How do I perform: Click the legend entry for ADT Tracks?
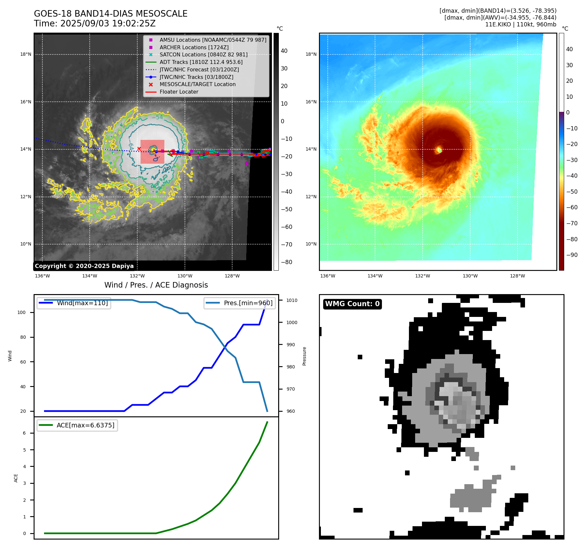(x=201, y=62)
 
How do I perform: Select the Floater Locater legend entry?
(x=179, y=92)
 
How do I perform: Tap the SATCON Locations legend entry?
(x=203, y=54)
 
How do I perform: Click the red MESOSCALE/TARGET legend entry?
(x=197, y=84)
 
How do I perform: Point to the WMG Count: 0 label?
(x=352, y=304)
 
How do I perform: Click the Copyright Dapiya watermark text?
(x=84, y=266)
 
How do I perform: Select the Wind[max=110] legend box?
(x=74, y=303)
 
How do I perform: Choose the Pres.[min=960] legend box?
(x=240, y=303)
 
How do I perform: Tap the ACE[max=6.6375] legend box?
(x=77, y=425)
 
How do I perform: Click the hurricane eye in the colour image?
(x=439, y=150)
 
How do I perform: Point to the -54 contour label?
(x=157, y=117)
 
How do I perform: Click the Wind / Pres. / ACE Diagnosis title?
(x=156, y=285)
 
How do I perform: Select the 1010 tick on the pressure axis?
(x=292, y=300)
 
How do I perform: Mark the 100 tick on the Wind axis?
(x=22, y=312)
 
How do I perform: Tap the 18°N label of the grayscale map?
(x=26, y=54)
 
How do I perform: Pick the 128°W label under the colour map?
(x=518, y=276)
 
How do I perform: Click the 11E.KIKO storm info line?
(x=520, y=24)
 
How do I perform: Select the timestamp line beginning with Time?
(x=95, y=23)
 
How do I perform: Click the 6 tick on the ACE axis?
(x=24, y=433)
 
